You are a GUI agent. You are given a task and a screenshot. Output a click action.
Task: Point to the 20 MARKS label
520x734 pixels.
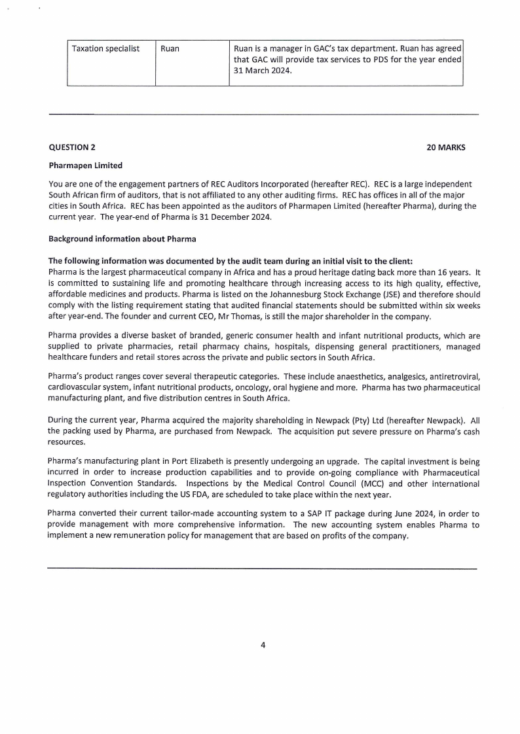click(445, 148)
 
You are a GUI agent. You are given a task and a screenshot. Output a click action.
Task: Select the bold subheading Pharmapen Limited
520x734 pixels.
click(85, 166)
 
